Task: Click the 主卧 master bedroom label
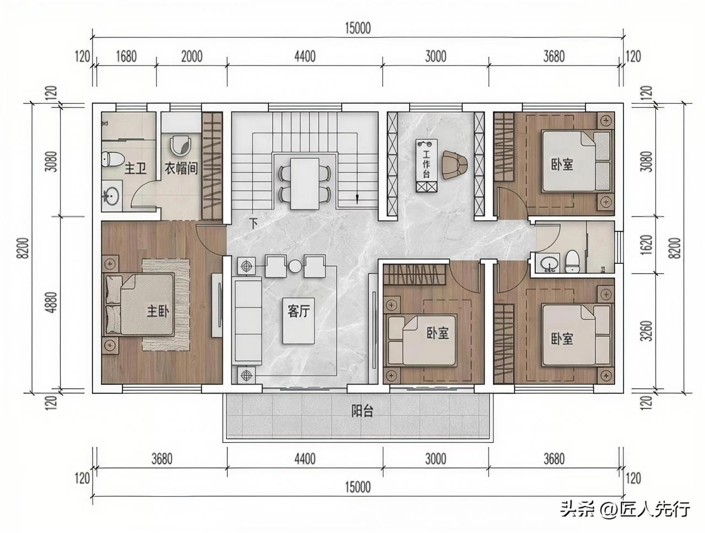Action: [x=158, y=311]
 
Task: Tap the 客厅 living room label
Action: [x=299, y=311]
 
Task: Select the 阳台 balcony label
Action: [x=362, y=411]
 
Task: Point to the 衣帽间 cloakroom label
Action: [x=181, y=168]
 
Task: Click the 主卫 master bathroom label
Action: [x=135, y=168]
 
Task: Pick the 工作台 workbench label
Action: [x=426, y=165]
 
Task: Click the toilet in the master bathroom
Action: [x=113, y=160]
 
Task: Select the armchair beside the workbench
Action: [x=453, y=165]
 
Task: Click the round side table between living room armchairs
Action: [x=295, y=266]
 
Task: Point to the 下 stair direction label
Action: [x=254, y=224]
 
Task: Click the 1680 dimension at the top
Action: [x=126, y=57]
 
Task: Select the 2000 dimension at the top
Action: [x=192, y=57]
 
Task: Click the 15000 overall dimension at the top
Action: [x=358, y=28]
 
